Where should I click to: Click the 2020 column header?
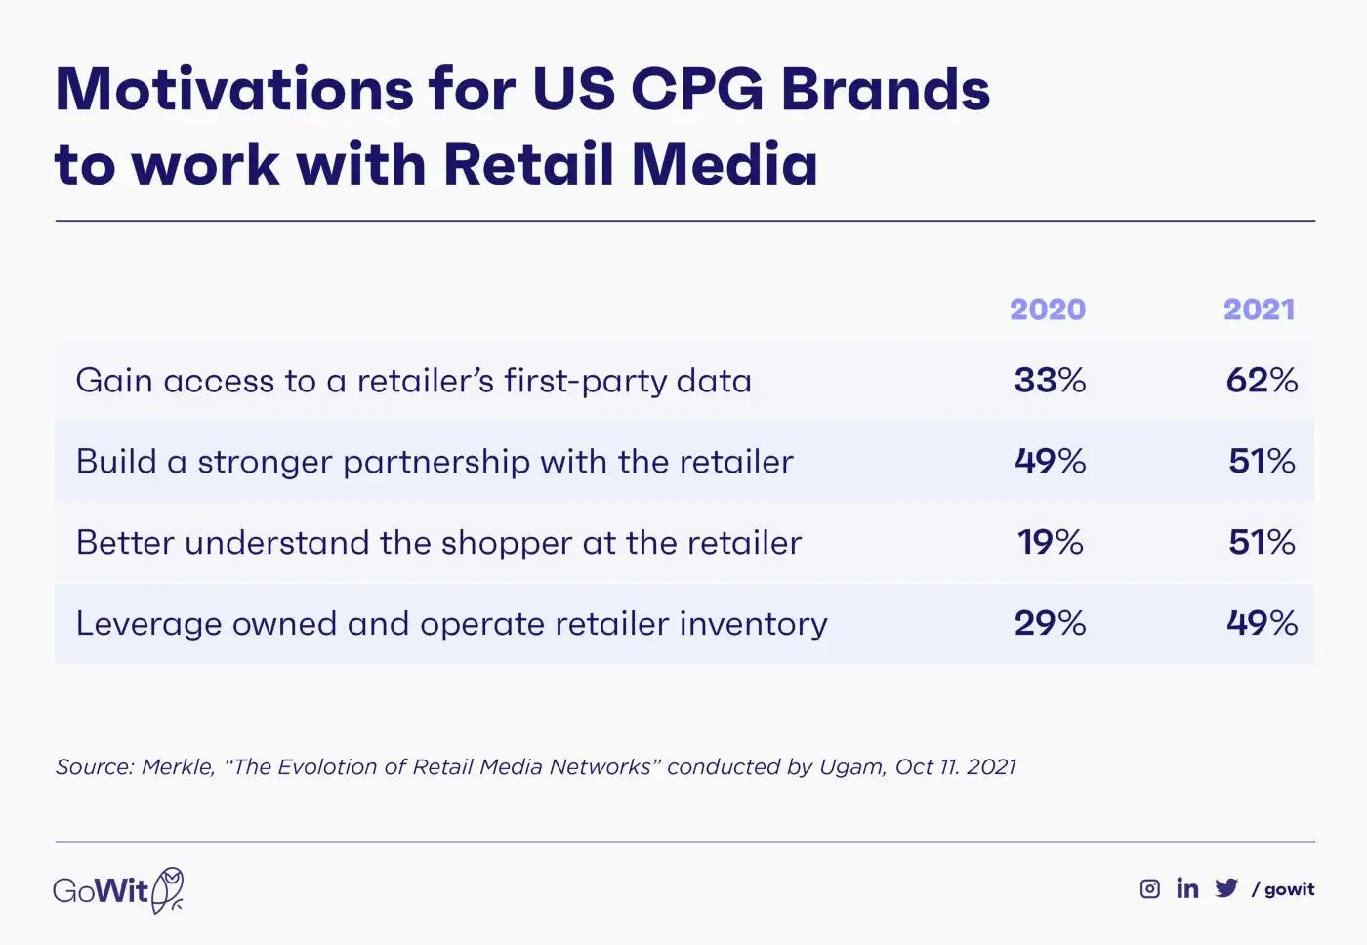click(1048, 309)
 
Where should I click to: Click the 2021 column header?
click(1260, 309)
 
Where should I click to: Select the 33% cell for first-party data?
click(1050, 380)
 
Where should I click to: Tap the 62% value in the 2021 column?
click(1262, 380)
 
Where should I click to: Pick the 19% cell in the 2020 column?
click(1051, 542)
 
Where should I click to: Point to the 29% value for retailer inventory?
click(1050, 623)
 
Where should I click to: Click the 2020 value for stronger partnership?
click(1050, 461)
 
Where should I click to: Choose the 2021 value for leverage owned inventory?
click(1262, 623)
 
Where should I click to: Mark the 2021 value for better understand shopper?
click(1262, 542)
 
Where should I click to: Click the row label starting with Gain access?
click(413, 381)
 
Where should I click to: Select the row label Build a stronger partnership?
click(435, 462)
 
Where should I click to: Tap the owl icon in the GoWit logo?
click(169, 889)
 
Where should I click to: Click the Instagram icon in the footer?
click(1150, 888)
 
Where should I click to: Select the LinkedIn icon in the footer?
click(1187, 887)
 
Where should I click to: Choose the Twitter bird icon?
click(1226, 888)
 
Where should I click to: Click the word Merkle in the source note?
click(178, 767)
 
